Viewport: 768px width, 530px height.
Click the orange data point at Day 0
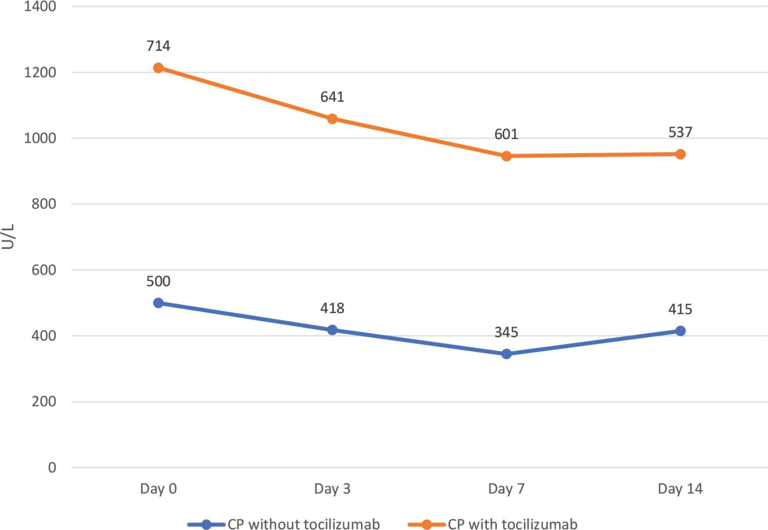click(x=159, y=68)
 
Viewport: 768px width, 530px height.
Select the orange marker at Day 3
click(x=332, y=119)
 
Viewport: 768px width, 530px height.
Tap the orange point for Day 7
click(x=506, y=156)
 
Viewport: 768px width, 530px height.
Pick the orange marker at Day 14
click(x=680, y=154)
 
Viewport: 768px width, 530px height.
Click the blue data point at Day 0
click(x=159, y=303)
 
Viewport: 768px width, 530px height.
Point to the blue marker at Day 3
click(x=332, y=330)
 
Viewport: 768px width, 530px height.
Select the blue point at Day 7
click(x=506, y=354)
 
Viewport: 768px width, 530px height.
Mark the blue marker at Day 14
click(x=680, y=331)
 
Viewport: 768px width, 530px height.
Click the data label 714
click(x=159, y=46)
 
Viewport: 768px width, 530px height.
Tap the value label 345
click(x=506, y=332)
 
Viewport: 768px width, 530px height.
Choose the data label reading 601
click(x=506, y=134)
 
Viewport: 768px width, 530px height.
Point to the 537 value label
click(x=680, y=132)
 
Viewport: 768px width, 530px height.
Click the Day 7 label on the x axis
click(x=506, y=489)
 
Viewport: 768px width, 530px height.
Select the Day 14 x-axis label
click(x=680, y=489)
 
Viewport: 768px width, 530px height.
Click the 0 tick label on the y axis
click(x=52, y=468)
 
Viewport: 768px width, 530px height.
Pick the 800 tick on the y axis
click(x=44, y=204)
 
